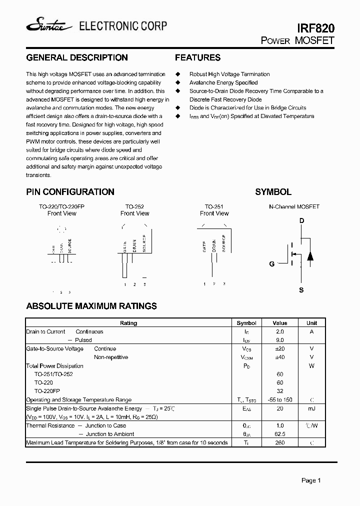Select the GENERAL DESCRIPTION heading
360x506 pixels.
click(76, 57)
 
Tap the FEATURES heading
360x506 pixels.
click(197, 57)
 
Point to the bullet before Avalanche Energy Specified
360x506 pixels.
click(177, 82)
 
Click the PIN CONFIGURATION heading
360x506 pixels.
click(70, 192)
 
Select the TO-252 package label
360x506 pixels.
click(134, 206)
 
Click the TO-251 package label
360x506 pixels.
click(214, 206)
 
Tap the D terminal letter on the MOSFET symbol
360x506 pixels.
click(301, 221)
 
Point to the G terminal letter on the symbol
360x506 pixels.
click(272, 264)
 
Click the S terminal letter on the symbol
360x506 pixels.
click(301, 290)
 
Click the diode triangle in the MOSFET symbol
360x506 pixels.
click(310, 256)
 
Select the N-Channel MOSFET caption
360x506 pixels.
click(294, 206)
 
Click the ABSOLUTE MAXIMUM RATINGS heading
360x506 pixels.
click(91, 306)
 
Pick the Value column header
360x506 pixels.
click(280, 323)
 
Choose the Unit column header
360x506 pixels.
click(311, 323)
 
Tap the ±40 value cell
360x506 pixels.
click(280, 357)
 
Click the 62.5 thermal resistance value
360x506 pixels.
click(280, 434)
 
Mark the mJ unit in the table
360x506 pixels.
click(311, 408)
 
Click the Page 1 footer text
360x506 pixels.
click(311, 480)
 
